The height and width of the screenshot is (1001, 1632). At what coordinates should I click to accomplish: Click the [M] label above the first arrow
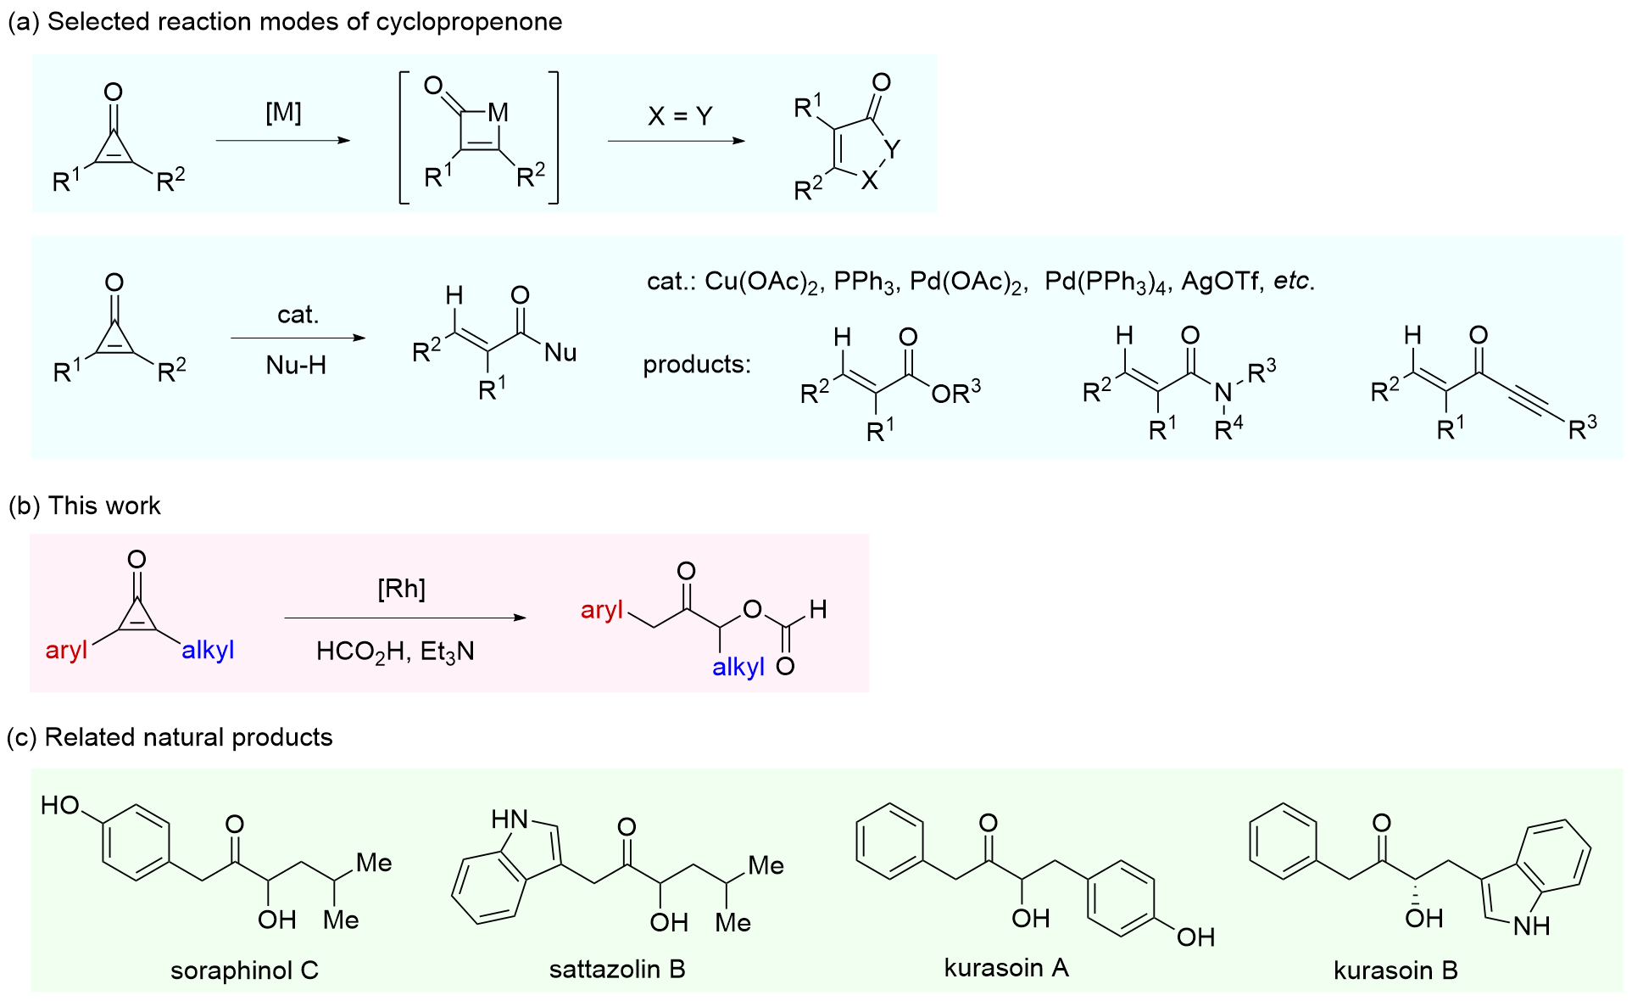coord(283,113)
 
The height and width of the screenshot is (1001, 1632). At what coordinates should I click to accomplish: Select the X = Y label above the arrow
coord(680,116)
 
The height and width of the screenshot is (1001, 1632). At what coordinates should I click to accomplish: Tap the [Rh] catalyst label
coord(401,589)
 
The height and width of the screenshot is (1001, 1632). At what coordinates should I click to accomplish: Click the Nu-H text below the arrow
coord(296,366)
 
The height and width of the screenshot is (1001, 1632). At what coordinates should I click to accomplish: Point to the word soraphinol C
coord(244,970)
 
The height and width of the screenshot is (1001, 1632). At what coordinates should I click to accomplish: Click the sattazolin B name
coord(617,969)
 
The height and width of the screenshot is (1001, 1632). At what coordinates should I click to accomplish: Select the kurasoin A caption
coord(1006,968)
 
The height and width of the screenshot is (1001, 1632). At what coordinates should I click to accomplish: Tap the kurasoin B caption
coord(1395,970)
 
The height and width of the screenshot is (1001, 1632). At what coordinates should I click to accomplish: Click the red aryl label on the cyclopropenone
coord(66,651)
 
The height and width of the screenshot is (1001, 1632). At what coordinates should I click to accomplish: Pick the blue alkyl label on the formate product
coord(738,668)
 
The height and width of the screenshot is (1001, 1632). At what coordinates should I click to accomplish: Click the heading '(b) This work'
coord(85,506)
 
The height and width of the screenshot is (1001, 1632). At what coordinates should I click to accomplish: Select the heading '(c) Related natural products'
coord(170,737)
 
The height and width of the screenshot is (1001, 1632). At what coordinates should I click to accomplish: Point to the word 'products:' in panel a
coord(697,365)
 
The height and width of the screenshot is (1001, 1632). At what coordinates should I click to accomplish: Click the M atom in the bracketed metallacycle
coord(498,113)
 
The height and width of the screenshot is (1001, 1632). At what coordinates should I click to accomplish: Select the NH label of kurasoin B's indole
coord(1531,926)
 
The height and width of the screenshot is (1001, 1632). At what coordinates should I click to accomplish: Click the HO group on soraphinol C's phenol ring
coord(60,805)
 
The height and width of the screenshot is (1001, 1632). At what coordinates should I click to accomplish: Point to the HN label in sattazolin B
coord(510,819)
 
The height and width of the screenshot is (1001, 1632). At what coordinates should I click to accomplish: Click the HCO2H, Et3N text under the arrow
coord(395,651)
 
